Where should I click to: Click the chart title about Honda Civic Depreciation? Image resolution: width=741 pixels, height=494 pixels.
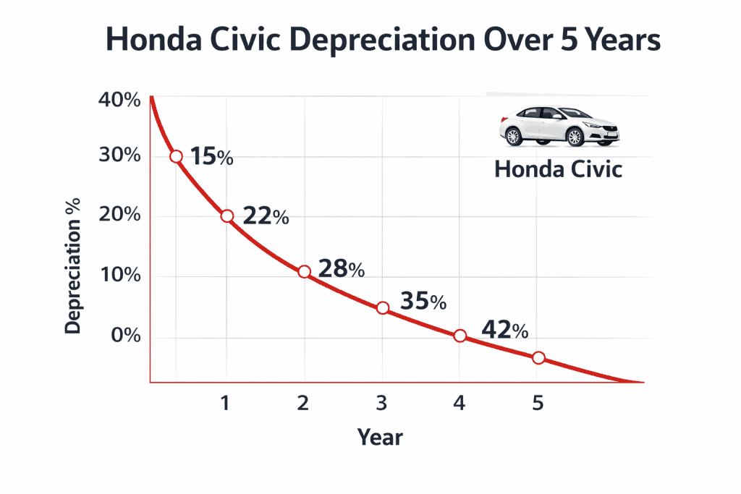point(383,41)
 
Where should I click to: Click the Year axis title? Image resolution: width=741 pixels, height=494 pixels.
point(379,437)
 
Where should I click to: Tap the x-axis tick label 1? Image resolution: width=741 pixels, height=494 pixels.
point(226,403)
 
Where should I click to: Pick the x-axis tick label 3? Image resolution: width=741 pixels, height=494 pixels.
point(382,403)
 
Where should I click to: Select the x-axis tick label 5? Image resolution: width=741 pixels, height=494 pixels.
point(537,403)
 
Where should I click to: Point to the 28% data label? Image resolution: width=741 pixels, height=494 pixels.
point(341,268)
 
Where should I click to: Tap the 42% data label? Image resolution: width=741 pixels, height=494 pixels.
point(504,330)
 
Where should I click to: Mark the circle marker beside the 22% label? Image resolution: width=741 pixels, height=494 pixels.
point(226,216)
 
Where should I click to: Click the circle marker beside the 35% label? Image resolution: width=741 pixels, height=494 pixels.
point(383,307)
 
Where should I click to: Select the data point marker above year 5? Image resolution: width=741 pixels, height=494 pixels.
point(538,357)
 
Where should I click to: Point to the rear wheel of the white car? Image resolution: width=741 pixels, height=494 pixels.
point(514,136)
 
